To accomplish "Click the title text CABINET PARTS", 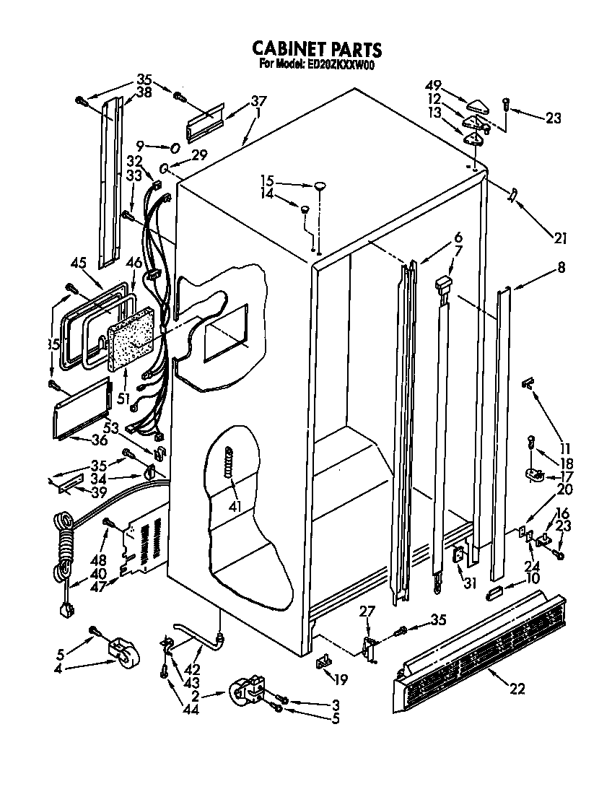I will tap(316, 49).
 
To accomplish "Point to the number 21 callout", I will tap(560, 239).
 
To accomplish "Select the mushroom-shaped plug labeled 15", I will tap(319, 188).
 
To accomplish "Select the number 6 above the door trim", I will tap(458, 236).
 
